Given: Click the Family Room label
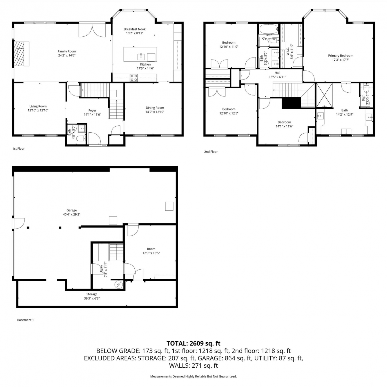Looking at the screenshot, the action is [x=67, y=51].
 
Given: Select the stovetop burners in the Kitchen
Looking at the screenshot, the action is [x=134, y=78].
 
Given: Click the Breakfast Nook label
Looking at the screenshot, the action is [x=134, y=29].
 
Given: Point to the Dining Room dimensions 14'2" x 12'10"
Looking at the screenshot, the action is [x=155, y=112].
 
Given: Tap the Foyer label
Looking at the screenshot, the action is [x=92, y=110].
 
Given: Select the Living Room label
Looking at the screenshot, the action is [x=38, y=106].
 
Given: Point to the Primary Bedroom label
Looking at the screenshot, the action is [x=341, y=55].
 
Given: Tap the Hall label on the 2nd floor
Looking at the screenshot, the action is [x=277, y=73].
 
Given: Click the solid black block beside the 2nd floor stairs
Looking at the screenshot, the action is [x=291, y=103].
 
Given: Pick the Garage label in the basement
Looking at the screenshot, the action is [x=71, y=210].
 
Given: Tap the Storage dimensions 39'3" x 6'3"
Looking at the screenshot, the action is [x=92, y=298].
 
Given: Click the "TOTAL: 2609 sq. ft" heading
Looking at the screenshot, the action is [x=193, y=343].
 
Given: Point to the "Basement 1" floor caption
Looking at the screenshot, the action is [x=26, y=320].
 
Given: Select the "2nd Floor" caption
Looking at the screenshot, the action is [x=211, y=152].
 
